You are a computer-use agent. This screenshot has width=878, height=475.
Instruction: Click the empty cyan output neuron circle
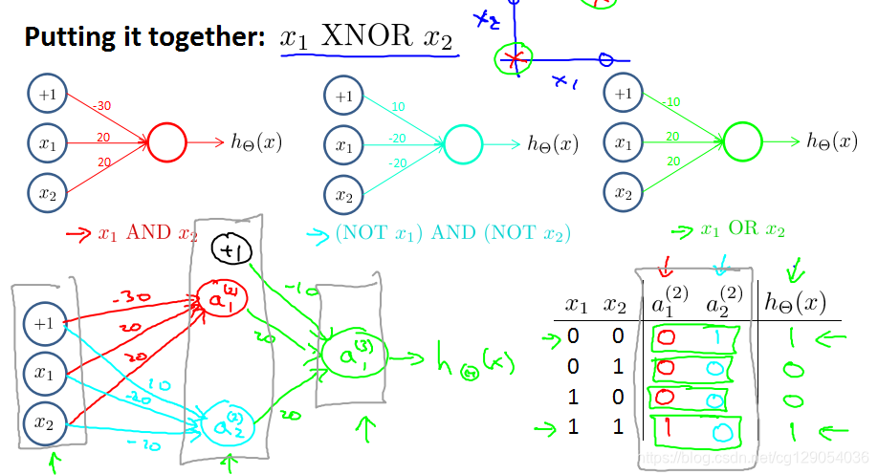pos(464,144)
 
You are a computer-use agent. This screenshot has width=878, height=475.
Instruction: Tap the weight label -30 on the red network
pos(103,106)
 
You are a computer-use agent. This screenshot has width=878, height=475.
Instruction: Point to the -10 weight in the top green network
pos(670,102)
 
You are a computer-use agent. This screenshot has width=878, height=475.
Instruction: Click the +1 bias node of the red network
pos(48,95)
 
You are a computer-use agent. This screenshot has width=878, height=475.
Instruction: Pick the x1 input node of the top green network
pos(624,143)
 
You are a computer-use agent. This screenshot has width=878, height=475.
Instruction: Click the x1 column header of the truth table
pos(575,305)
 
